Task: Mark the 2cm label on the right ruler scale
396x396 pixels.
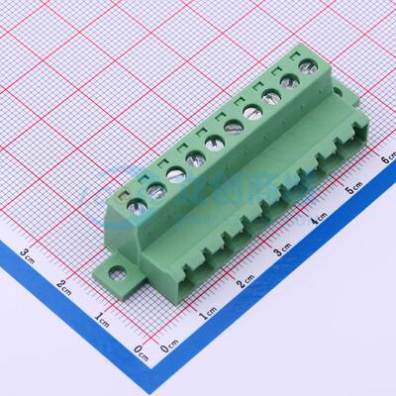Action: point(245,283)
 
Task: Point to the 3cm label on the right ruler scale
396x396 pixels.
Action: point(282,249)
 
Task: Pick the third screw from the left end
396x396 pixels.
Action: point(175,175)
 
